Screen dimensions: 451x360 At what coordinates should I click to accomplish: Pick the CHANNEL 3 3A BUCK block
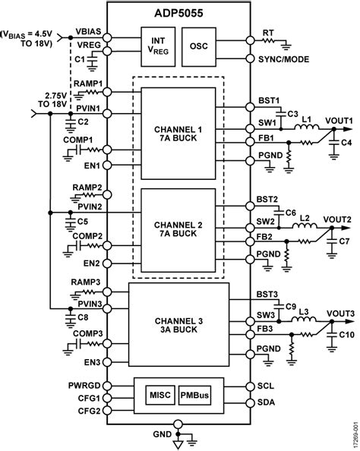point(179,323)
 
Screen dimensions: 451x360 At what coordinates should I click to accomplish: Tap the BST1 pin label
point(267,99)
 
